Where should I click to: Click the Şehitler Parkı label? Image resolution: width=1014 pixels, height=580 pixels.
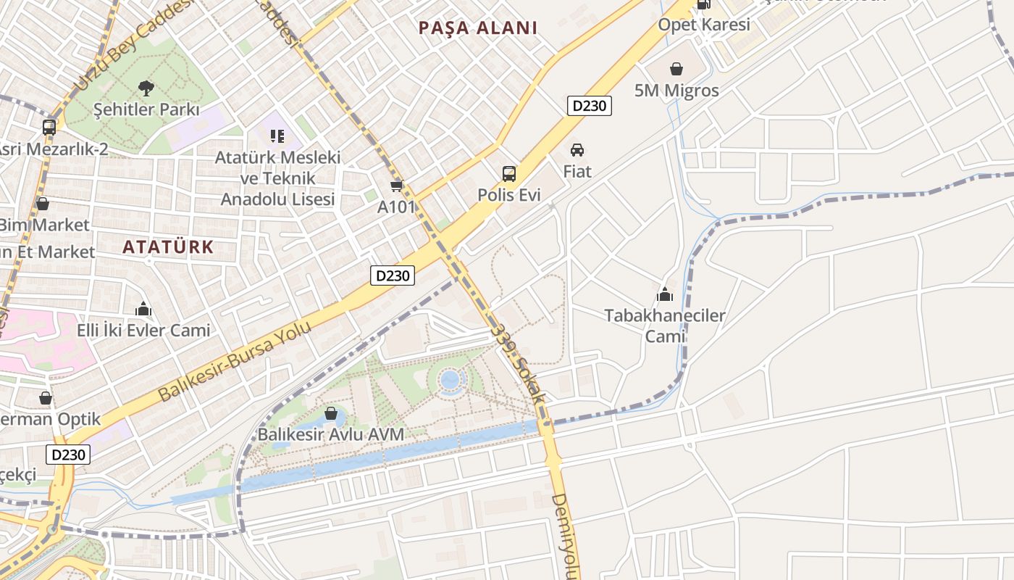[x=146, y=110]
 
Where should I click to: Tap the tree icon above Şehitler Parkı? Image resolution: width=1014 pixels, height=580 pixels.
[x=146, y=88]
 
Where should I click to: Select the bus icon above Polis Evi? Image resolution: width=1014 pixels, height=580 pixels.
[x=509, y=174]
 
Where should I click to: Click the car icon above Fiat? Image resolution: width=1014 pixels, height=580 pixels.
[x=577, y=150]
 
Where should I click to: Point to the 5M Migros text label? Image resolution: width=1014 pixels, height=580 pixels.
[x=676, y=91]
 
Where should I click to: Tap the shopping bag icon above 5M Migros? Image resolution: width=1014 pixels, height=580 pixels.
[x=676, y=69]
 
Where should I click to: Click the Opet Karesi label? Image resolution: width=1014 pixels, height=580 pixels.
[x=703, y=25]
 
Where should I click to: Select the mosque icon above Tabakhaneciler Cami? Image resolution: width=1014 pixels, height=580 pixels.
[x=664, y=294]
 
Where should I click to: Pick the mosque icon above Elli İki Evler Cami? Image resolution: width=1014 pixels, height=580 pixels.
[x=143, y=310]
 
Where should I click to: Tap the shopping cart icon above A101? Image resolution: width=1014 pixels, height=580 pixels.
[x=396, y=186]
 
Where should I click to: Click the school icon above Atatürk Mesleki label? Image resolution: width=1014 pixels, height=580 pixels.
[x=277, y=136]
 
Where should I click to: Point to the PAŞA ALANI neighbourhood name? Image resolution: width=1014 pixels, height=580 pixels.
[x=478, y=28]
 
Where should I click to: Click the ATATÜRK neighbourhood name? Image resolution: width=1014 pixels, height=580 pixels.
[x=168, y=247]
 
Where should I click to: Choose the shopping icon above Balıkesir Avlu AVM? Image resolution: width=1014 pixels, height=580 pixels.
[x=331, y=414]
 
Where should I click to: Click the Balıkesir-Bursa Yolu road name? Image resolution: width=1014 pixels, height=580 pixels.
[x=235, y=361]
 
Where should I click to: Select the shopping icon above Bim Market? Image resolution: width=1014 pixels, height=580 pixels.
[x=43, y=204]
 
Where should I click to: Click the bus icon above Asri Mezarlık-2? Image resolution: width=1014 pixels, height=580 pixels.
[x=49, y=128]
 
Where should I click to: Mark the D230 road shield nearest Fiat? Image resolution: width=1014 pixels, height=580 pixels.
[x=590, y=106]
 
